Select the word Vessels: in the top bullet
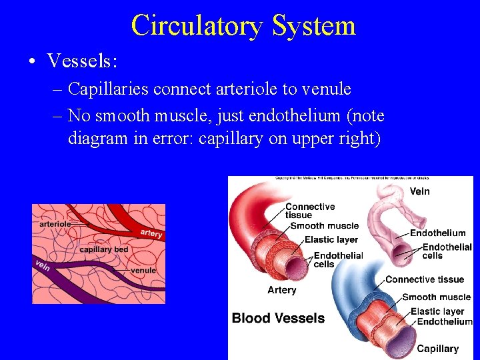click(83, 61)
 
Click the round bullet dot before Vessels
click(32, 62)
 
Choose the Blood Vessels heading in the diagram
click(278, 318)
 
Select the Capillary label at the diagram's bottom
click(437, 349)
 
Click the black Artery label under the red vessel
click(282, 290)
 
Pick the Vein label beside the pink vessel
click(420, 192)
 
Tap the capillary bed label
click(103, 249)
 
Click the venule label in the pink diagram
click(143, 271)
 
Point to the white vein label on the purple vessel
click(42, 265)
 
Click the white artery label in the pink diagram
click(151, 233)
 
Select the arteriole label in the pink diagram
click(55, 224)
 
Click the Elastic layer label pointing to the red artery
click(331, 240)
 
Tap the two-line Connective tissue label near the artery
click(309, 211)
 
